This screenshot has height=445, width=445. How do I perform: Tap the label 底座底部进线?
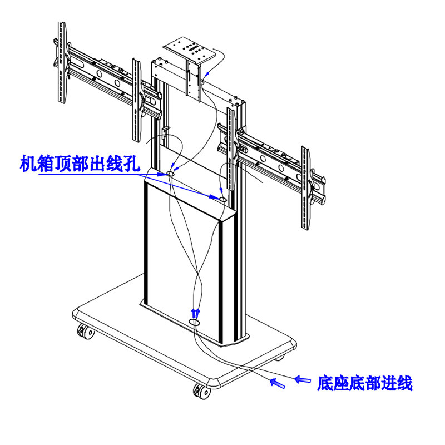click(364, 383)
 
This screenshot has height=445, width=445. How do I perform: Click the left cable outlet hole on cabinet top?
click(170, 175)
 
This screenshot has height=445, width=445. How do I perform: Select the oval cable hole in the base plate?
click(195, 322)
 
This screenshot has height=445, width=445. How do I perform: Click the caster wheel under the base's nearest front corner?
click(201, 390)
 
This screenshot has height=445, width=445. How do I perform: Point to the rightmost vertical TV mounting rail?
click(305, 187)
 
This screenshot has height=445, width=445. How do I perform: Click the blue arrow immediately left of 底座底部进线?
click(303, 379)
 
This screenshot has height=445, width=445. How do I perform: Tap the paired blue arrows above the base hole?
click(195, 311)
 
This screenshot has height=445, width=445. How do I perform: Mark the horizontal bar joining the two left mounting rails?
click(100, 72)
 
